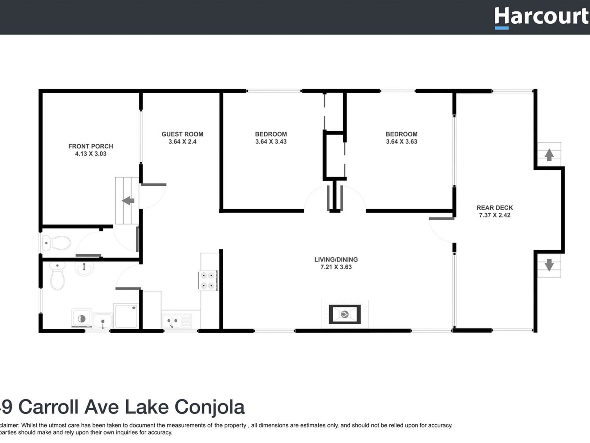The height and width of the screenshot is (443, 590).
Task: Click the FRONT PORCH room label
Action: pos(90,146)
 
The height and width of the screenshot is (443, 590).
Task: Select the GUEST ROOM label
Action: pos(182,134)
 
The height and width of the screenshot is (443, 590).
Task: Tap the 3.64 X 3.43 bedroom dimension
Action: pos(271,142)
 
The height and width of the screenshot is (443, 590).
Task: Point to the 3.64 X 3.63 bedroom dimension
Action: pos(401,142)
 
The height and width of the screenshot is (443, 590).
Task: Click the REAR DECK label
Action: pos(494,208)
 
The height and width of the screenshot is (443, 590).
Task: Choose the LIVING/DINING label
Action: pos(336,260)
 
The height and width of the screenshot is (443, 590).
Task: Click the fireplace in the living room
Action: pos(344,314)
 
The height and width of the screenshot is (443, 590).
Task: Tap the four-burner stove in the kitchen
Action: pos(208,280)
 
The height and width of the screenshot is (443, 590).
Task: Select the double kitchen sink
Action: pos(172,320)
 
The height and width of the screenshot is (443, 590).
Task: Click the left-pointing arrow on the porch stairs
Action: pos(128,201)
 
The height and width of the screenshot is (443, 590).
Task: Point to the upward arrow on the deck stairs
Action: pos(549,155)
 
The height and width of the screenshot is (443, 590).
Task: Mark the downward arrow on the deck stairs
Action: pos(549,265)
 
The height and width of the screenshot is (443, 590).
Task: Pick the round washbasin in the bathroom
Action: pos(84,269)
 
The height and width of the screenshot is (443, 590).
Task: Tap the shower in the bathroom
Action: pos(126,316)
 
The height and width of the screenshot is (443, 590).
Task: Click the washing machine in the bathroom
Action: pos(81,318)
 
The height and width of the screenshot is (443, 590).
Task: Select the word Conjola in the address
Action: pos(209,407)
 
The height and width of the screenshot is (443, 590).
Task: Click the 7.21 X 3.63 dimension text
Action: pos(336,267)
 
